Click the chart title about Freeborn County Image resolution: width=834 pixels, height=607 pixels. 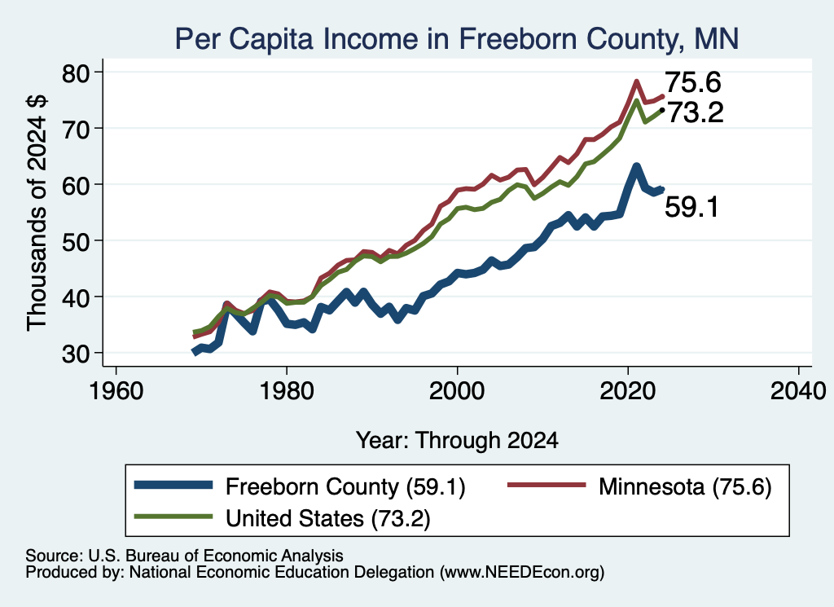(x=457, y=38)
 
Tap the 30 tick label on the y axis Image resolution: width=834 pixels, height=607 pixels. (x=75, y=354)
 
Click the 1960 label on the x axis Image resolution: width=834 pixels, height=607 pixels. (x=116, y=391)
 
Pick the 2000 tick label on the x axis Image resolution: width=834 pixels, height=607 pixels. (x=457, y=391)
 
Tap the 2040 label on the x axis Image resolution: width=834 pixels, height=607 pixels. (x=798, y=391)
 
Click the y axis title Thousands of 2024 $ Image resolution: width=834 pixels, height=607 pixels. (x=37, y=213)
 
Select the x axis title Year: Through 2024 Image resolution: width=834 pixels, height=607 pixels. (x=457, y=441)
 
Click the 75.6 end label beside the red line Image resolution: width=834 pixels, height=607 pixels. (x=693, y=82)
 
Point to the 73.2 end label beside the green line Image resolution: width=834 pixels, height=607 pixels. (x=696, y=112)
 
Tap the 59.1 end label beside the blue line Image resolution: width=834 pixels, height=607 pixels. (x=691, y=206)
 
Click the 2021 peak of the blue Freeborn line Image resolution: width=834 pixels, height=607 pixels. (x=636, y=167)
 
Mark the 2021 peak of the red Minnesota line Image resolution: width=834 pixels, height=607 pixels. (x=636, y=81)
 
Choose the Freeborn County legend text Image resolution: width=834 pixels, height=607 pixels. (x=345, y=486)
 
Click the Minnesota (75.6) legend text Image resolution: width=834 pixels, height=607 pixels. (x=685, y=486)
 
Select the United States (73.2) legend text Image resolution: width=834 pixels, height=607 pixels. (x=328, y=518)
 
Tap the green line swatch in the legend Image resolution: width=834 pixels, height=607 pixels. (x=173, y=517)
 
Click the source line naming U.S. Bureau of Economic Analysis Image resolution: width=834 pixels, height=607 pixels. (x=184, y=556)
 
